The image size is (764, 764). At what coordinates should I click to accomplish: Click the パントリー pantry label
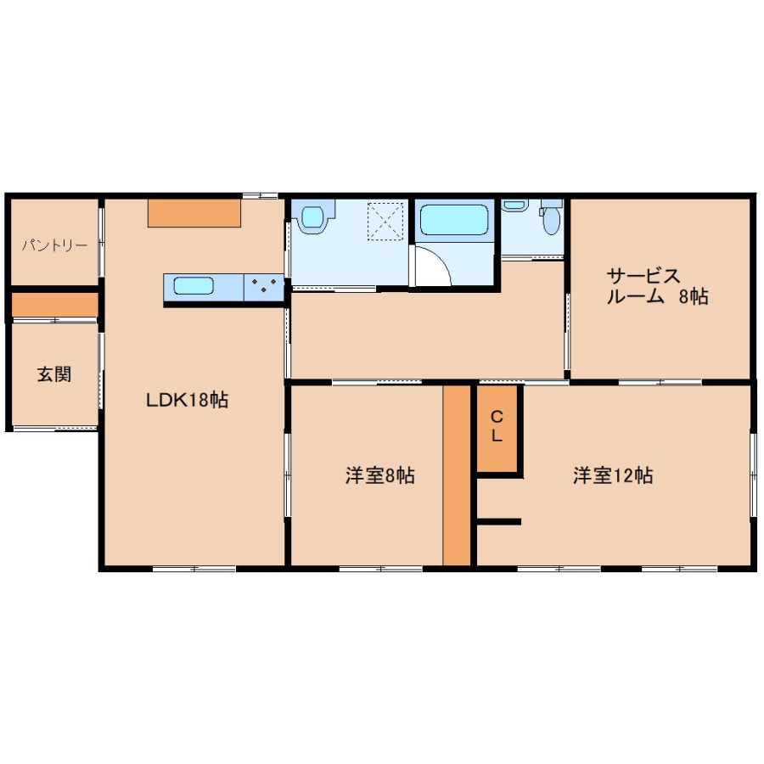point(54,245)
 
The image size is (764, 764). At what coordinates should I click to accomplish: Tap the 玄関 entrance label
point(54,374)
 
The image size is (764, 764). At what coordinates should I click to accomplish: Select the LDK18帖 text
point(187,400)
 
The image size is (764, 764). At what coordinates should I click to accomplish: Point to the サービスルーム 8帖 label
point(657,286)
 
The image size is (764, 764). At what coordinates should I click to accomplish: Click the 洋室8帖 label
point(380,475)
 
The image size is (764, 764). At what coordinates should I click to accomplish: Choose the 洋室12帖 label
point(613,475)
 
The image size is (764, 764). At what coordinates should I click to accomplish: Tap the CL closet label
point(497,426)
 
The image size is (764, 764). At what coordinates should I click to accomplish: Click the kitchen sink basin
point(194,286)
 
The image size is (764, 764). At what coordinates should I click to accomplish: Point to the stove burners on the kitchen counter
point(264,285)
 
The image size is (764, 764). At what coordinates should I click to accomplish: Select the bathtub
point(454,220)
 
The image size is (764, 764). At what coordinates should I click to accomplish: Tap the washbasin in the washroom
point(312,216)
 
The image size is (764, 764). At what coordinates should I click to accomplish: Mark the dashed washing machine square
point(385,222)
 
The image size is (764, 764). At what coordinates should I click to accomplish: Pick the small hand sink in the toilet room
point(514,205)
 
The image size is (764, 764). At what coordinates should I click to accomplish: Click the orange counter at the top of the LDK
point(194,213)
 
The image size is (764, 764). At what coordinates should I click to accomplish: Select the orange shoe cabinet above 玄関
point(54,305)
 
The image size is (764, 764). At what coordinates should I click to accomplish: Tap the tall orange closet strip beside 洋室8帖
point(457,475)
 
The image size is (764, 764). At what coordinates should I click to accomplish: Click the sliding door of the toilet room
point(532,257)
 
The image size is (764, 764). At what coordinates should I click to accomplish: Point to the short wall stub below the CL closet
point(499,522)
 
